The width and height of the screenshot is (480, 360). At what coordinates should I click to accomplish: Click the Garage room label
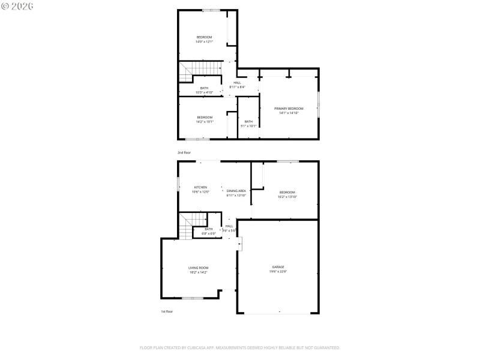278,266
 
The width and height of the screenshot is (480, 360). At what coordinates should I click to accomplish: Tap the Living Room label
198,268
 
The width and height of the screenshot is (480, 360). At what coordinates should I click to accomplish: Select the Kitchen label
200,187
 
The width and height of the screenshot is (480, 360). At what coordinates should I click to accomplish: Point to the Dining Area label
236,191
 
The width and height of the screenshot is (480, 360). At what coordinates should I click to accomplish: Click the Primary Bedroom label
289,109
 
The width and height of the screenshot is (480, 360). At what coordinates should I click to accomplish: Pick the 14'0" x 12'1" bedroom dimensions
204,42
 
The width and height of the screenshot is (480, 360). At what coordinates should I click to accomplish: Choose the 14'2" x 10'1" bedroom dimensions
205,122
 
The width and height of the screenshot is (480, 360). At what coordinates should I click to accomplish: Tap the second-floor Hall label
237,83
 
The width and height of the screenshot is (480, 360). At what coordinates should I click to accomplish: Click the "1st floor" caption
167,311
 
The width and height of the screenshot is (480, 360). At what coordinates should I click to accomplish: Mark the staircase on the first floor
187,227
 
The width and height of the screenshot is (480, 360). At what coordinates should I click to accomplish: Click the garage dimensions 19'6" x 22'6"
278,271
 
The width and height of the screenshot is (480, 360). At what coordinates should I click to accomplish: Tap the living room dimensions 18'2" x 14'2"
198,272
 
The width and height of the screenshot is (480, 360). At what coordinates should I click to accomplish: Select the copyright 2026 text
17,5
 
